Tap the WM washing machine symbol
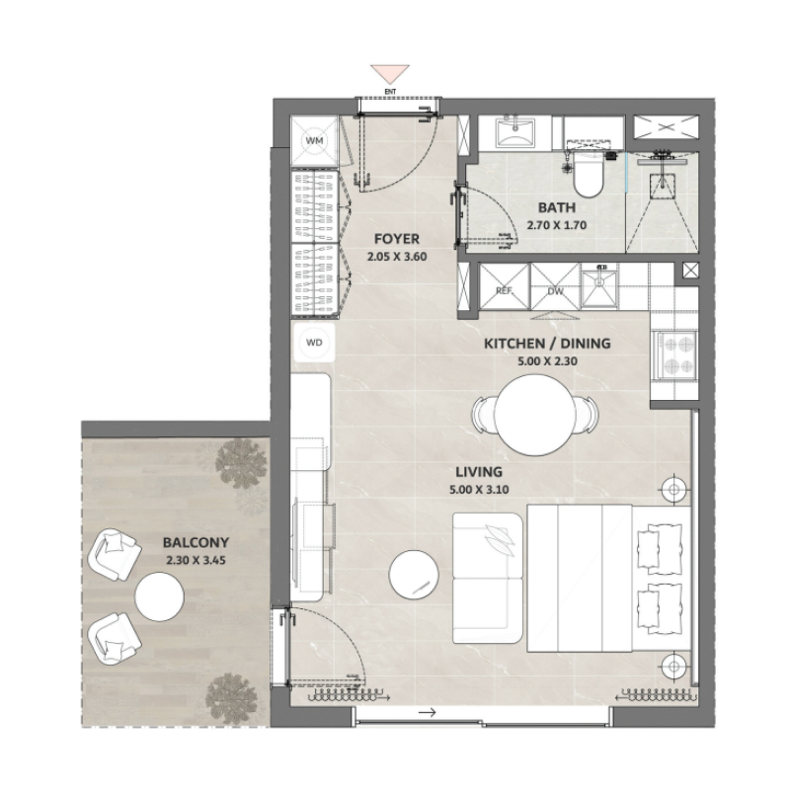click(315, 142)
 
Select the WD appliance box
click(315, 343)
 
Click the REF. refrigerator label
click(504, 291)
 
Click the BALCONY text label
click(197, 542)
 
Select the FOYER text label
click(397, 239)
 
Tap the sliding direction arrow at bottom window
click(427, 712)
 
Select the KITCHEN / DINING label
click(547, 344)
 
